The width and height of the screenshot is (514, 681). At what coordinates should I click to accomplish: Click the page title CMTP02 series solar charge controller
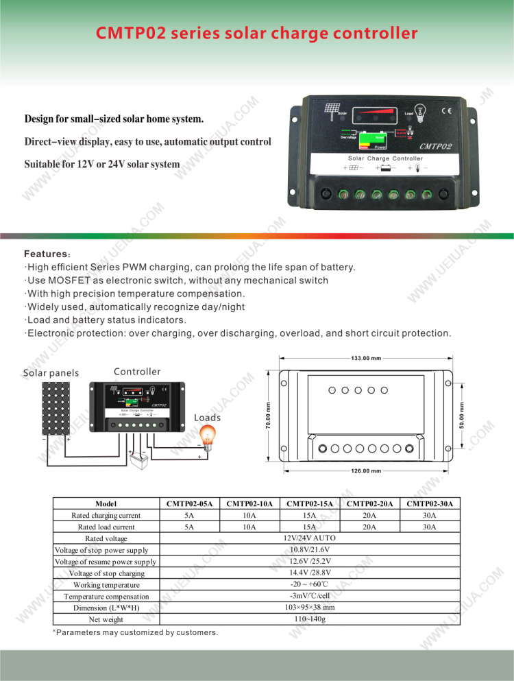pyautogui.click(x=256, y=33)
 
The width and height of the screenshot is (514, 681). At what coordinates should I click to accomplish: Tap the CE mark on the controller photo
pyautogui.click(x=445, y=110)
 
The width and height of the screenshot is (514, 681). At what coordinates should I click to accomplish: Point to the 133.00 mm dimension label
pyautogui.click(x=365, y=358)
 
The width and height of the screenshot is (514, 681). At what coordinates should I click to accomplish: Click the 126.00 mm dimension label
pyautogui.click(x=365, y=471)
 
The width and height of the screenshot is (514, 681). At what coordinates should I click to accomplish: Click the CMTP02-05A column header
pyautogui.click(x=189, y=503)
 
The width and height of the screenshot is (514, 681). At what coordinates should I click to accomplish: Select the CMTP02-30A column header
pyautogui.click(x=430, y=503)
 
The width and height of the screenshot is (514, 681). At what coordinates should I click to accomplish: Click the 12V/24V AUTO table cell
pyautogui.click(x=309, y=538)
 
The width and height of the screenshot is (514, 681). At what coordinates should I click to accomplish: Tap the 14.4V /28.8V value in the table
pyautogui.click(x=310, y=573)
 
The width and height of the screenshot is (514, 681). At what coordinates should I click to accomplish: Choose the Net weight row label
pyautogui.click(x=106, y=619)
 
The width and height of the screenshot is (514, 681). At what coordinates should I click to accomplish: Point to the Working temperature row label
pyautogui.click(x=106, y=585)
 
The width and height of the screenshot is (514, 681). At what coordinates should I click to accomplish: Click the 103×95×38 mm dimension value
pyautogui.click(x=309, y=608)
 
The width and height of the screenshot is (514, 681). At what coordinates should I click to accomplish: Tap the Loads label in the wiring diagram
pyautogui.click(x=207, y=418)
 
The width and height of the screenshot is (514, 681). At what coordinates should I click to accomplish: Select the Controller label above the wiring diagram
pyautogui.click(x=137, y=372)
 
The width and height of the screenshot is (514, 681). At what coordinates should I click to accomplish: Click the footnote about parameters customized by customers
pyautogui.click(x=136, y=632)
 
